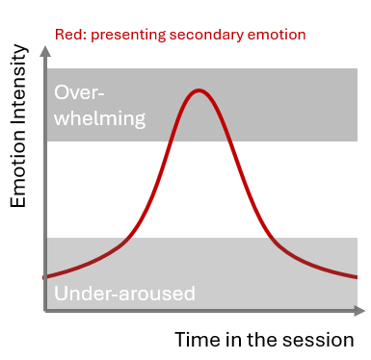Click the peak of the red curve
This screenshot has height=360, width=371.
pos(199,90)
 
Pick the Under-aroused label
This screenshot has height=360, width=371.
pos(125,294)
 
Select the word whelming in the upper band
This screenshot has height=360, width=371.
pos(100,119)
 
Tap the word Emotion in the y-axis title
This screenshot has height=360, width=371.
pos(17,172)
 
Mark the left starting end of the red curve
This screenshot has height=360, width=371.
pos(45,277)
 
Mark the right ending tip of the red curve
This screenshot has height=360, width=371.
pos(358,277)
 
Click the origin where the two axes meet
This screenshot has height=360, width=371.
pos(45,311)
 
